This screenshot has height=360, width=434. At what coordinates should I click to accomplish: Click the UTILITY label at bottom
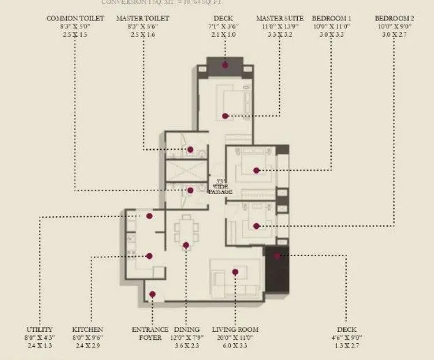coord(40,329)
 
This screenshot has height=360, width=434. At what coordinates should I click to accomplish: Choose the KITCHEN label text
coord(88,329)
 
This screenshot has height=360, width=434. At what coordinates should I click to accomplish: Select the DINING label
coord(188,329)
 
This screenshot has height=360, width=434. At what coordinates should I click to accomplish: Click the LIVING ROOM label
coord(237,329)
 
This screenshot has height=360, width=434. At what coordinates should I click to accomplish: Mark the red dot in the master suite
coord(225,116)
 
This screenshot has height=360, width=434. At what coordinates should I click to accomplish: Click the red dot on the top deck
coord(225,64)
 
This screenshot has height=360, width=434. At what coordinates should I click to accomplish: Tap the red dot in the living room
coord(236,272)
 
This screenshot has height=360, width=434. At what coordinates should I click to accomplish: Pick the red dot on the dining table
coord(186,245)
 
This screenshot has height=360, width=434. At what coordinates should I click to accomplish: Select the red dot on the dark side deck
coord(277,256)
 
